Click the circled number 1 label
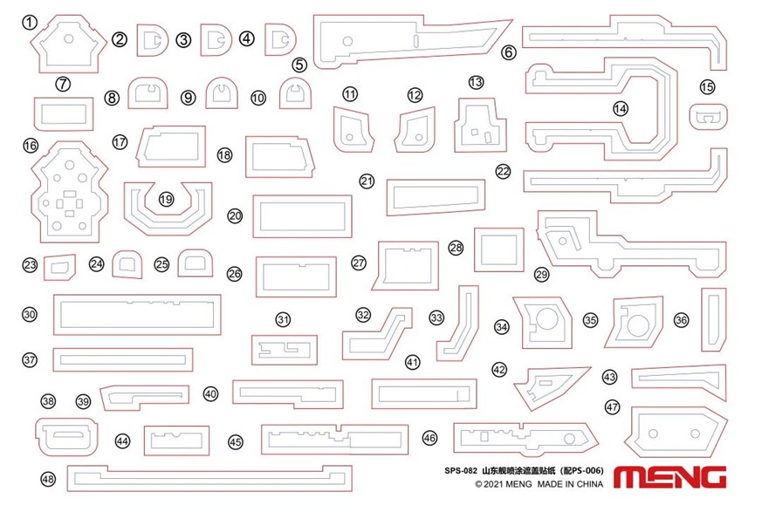click(x=30, y=22)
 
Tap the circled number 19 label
click(x=166, y=199)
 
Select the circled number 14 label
click(x=620, y=108)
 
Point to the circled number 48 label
click(x=48, y=480)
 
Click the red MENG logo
click(x=669, y=477)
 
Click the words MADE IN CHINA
click(x=570, y=484)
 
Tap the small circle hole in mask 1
click(x=69, y=38)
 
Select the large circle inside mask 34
click(x=546, y=318)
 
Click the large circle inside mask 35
click(x=637, y=325)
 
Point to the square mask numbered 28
click(x=499, y=249)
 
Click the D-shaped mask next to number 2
click(x=152, y=40)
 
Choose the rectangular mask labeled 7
click(x=64, y=114)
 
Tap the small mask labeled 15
click(x=709, y=117)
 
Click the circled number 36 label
click(x=682, y=320)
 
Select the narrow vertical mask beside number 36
click(x=713, y=319)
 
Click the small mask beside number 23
click(x=59, y=268)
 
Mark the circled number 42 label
click(x=499, y=370)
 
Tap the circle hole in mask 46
click(x=570, y=439)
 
